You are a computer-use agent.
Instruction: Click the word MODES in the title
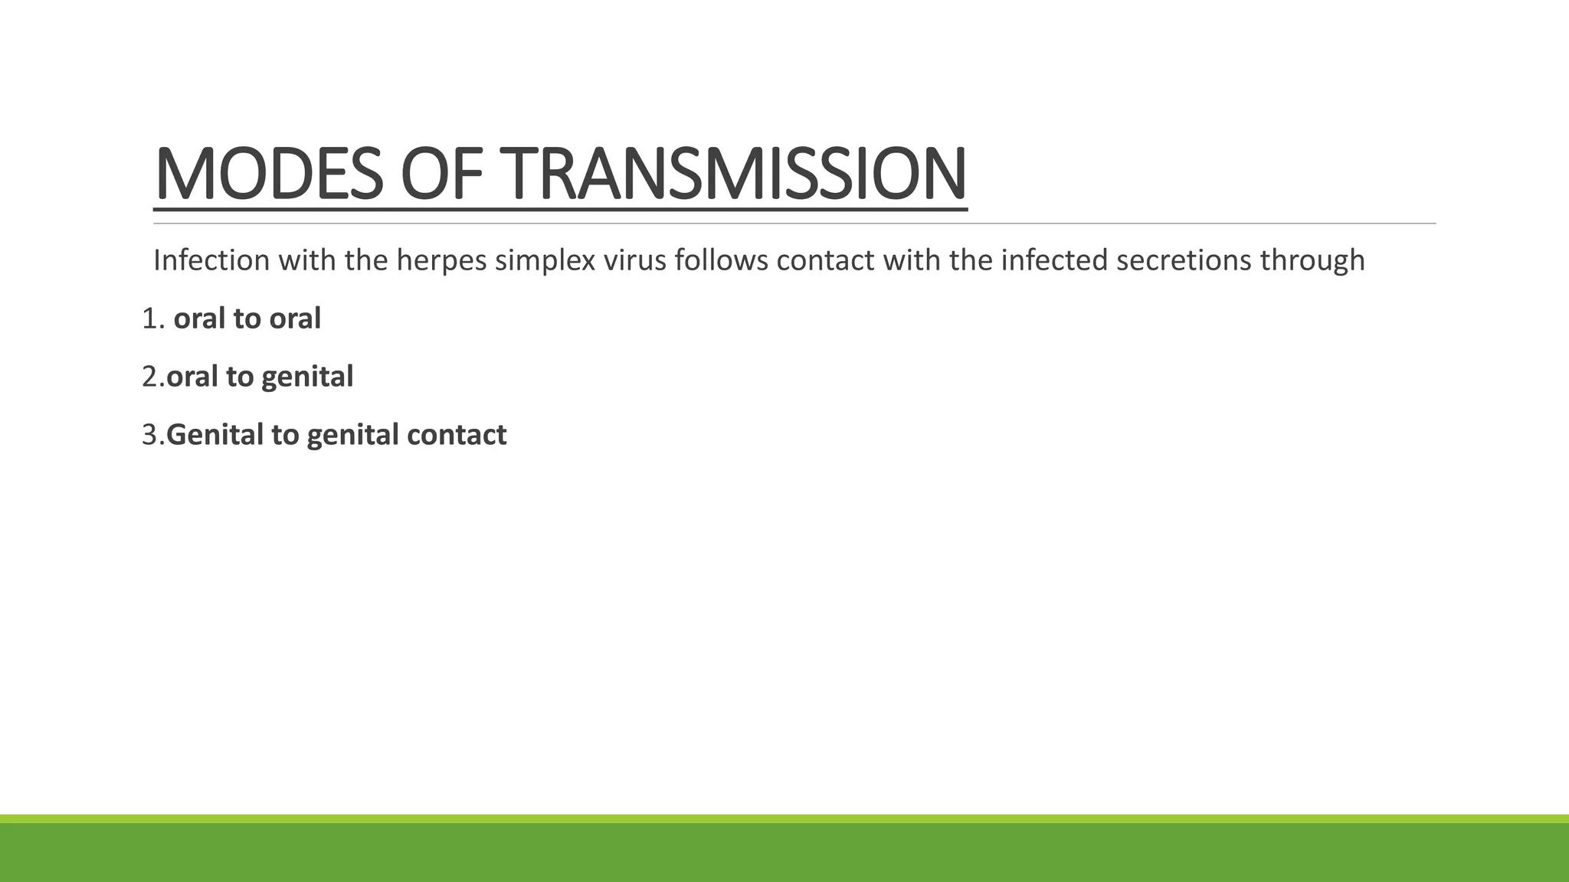(x=268, y=175)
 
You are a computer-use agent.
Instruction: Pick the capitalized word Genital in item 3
(x=215, y=435)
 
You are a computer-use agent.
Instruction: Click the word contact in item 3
(x=457, y=435)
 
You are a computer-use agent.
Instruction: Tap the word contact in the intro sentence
(x=825, y=260)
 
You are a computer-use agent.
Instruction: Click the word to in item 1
(x=246, y=318)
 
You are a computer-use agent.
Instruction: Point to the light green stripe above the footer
(x=784, y=818)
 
